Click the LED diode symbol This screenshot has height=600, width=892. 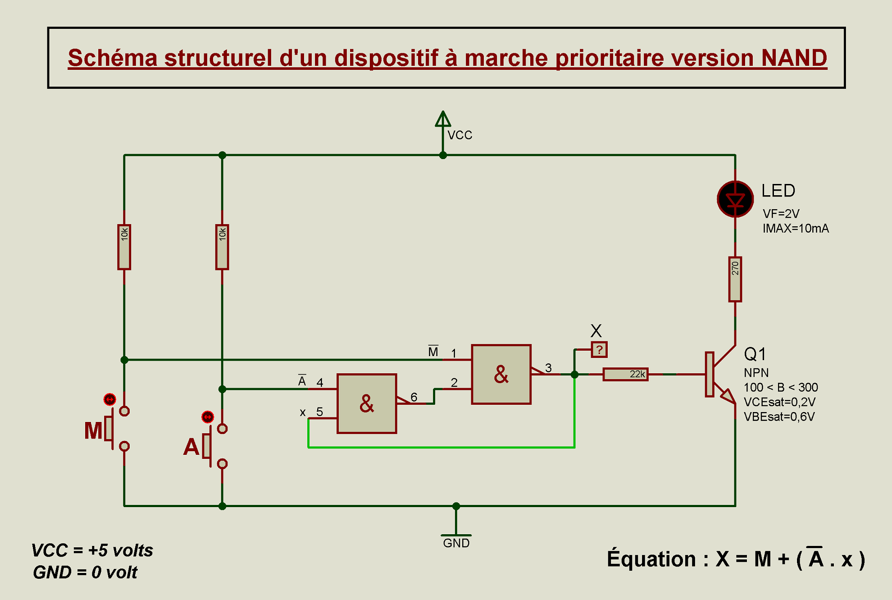point(735,199)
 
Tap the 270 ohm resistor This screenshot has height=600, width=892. point(735,279)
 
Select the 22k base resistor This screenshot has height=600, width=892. point(625,374)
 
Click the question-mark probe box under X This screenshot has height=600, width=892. point(599,349)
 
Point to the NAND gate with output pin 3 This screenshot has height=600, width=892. point(501,374)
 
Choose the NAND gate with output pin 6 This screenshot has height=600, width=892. point(367,403)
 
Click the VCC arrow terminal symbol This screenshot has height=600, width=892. point(443,119)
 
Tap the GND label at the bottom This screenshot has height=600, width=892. point(456,543)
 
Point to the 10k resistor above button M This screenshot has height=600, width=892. point(124,247)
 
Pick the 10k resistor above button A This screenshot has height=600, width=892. point(222,247)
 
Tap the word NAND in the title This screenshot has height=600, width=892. point(794,58)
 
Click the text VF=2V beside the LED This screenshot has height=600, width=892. point(781,213)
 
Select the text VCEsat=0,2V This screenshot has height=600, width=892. point(779,402)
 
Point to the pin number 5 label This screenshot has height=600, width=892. point(319,412)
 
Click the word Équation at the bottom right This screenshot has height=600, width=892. point(651,559)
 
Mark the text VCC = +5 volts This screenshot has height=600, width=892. point(92,550)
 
